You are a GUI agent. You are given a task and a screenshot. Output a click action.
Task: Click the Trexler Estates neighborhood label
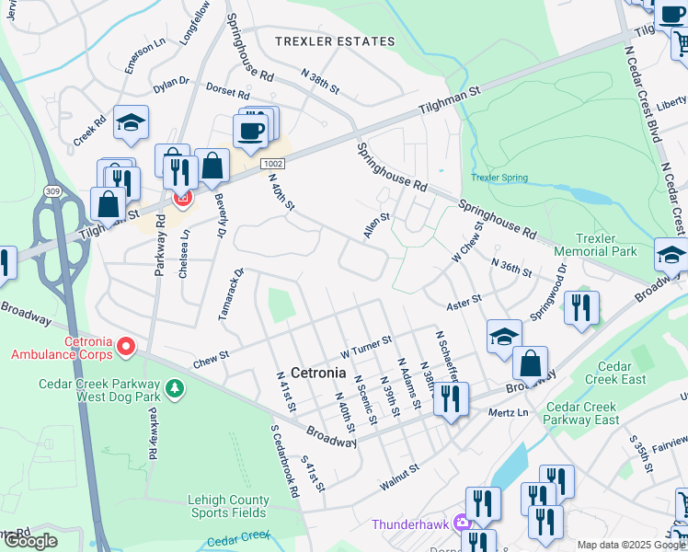pos(336,41)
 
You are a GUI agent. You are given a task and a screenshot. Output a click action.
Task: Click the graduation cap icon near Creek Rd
pos(132,123)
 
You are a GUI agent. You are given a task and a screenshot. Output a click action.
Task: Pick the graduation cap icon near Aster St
pos(504,337)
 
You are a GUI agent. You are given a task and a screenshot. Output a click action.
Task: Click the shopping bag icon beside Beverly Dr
pos(212,167)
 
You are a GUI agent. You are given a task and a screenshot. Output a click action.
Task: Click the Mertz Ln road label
pos(509,412)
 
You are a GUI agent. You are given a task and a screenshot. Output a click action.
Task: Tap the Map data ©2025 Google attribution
pos(631,545)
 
